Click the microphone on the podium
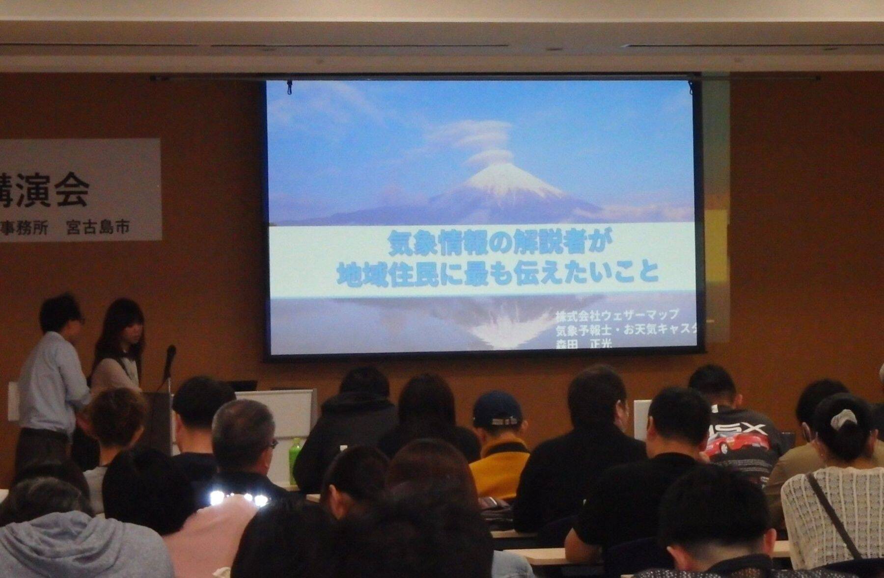click(x=170, y=356)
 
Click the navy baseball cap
click(x=497, y=410)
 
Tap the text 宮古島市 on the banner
click(x=98, y=227)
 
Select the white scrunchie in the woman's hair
click(x=843, y=419)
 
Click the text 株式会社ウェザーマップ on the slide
click(x=616, y=315)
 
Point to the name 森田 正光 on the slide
click(x=584, y=345)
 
